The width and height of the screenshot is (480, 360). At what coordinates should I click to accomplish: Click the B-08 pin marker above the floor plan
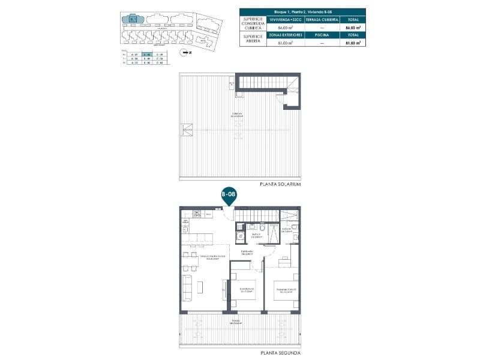(228, 195)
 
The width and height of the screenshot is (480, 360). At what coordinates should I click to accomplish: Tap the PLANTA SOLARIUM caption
(280, 184)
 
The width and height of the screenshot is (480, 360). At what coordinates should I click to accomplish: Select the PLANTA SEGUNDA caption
(280, 353)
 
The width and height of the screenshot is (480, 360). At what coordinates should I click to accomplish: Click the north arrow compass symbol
(186, 53)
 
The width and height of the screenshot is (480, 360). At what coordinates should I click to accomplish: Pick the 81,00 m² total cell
(352, 43)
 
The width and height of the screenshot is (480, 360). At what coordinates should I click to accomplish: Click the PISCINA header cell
(319, 35)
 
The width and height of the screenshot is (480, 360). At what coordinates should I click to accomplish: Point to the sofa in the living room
(186, 287)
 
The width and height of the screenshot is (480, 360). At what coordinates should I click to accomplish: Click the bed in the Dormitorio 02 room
(244, 293)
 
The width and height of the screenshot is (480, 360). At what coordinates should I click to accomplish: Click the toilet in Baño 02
(262, 229)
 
